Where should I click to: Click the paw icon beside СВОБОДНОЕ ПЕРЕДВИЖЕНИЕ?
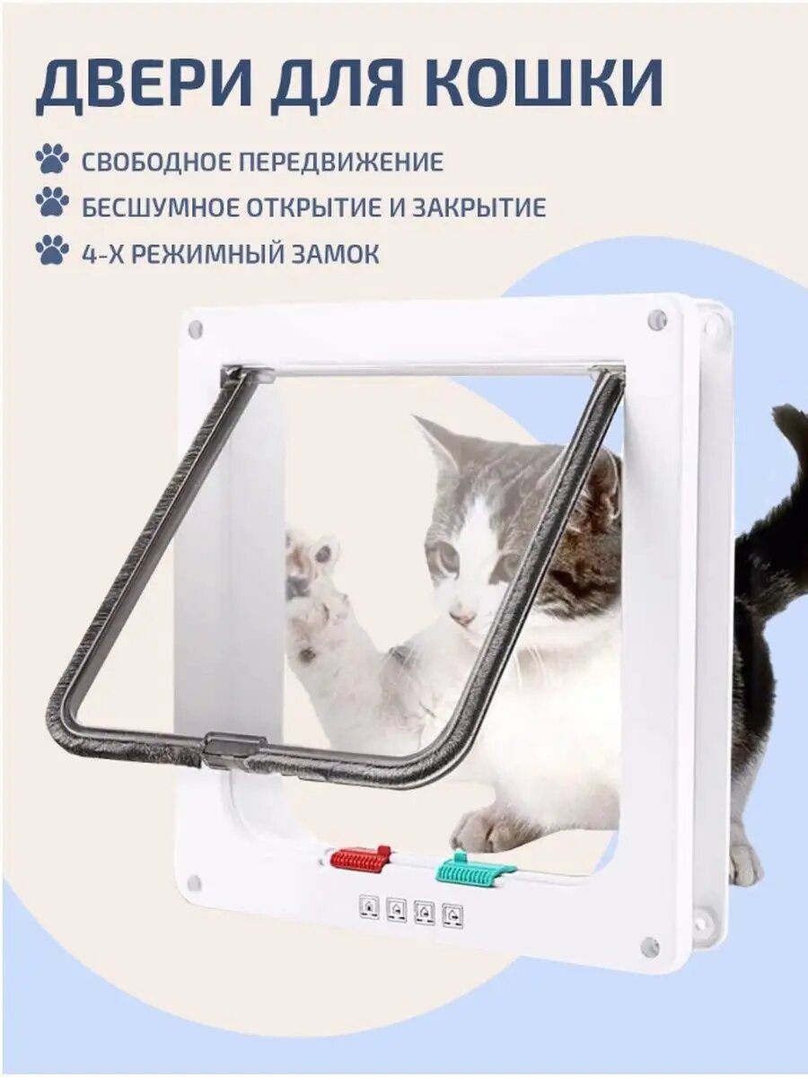pyautogui.click(x=52, y=161)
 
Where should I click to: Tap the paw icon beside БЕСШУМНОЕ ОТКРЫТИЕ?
pyautogui.click(x=52, y=205)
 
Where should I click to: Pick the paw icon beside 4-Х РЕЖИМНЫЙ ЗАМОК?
pyautogui.click(x=52, y=250)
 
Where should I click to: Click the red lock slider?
pyautogui.click(x=360, y=858)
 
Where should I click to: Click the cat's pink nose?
pyautogui.click(x=461, y=617)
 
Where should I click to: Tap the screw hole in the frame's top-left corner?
pyautogui.click(x=195, y=329)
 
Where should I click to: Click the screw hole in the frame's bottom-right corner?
pyautogui.click(x=650, y=946)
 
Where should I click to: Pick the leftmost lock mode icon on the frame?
pyautogui.click(x=369, y=906)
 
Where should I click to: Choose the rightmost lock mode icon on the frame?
pyautogui.click(x=453, y=915)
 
